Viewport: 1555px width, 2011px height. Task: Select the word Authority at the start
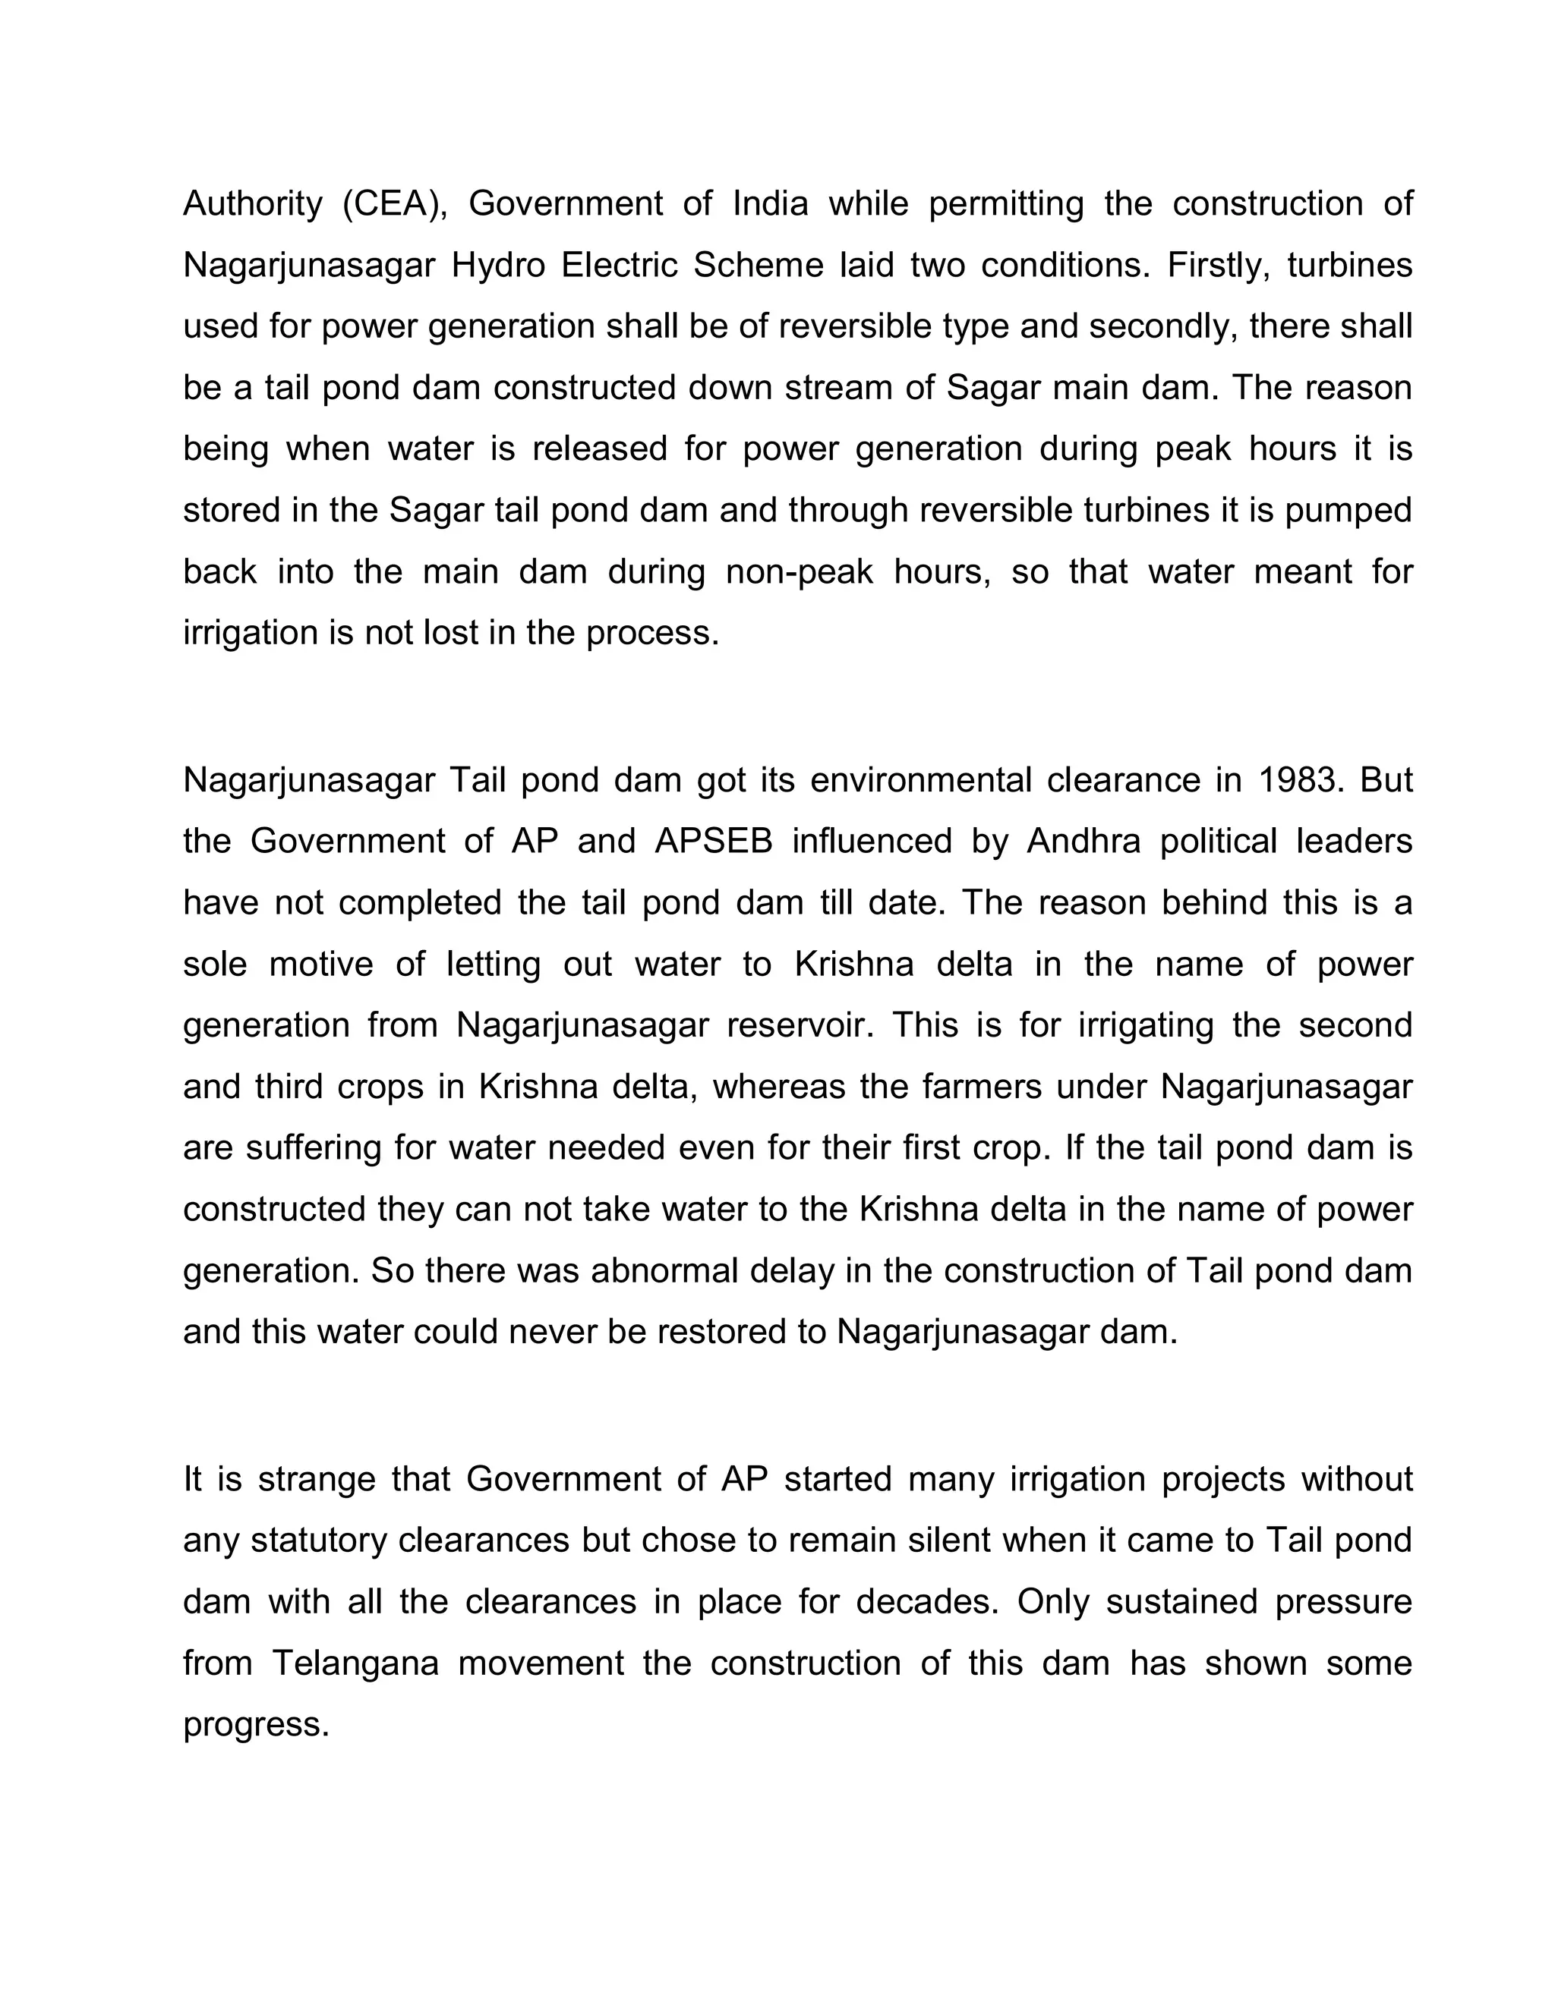[x=252, y=203]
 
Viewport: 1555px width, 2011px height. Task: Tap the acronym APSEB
[x=714, y=842]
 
